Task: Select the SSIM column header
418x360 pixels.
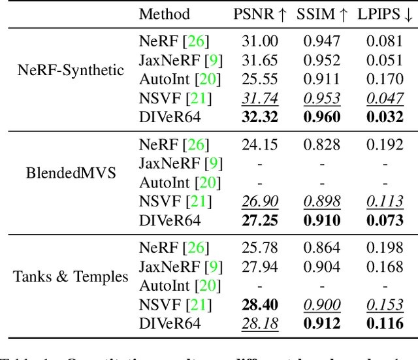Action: coord(321,14)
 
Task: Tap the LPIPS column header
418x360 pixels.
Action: coord(384,14)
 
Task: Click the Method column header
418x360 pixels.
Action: coord(165,14)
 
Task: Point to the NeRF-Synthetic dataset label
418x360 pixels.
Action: coord(71,70)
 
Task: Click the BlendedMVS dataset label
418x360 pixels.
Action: coord(71,173)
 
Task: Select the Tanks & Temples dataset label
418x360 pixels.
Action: coord(71,276)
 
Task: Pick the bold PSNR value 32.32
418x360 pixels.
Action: coord(260,117)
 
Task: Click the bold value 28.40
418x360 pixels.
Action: coord(260,304)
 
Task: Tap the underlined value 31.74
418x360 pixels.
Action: coord(260,98)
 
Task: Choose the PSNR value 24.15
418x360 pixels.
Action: coord(260,145)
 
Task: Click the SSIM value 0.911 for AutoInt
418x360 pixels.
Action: coord(321,80)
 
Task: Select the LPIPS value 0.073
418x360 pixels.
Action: coord(384,220)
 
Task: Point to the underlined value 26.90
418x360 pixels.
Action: coord(260,201)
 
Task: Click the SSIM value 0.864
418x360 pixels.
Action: coord(321,248)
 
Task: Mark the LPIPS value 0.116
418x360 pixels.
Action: coord(384,323)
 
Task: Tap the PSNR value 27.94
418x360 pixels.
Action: coord(260,267)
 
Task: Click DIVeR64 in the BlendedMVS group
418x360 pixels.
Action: coord(170,220)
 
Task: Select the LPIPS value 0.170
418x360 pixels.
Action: coord(384,80)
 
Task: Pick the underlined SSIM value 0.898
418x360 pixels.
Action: coord(321,201)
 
